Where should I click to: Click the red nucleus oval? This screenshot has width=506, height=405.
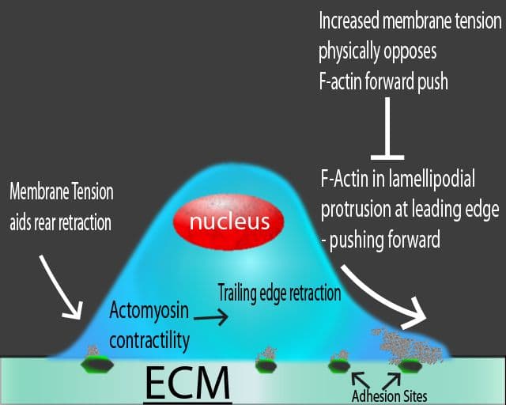click(228, 221)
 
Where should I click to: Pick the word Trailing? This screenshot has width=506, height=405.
click(240, 293)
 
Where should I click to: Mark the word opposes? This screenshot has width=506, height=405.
click(408, 53)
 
